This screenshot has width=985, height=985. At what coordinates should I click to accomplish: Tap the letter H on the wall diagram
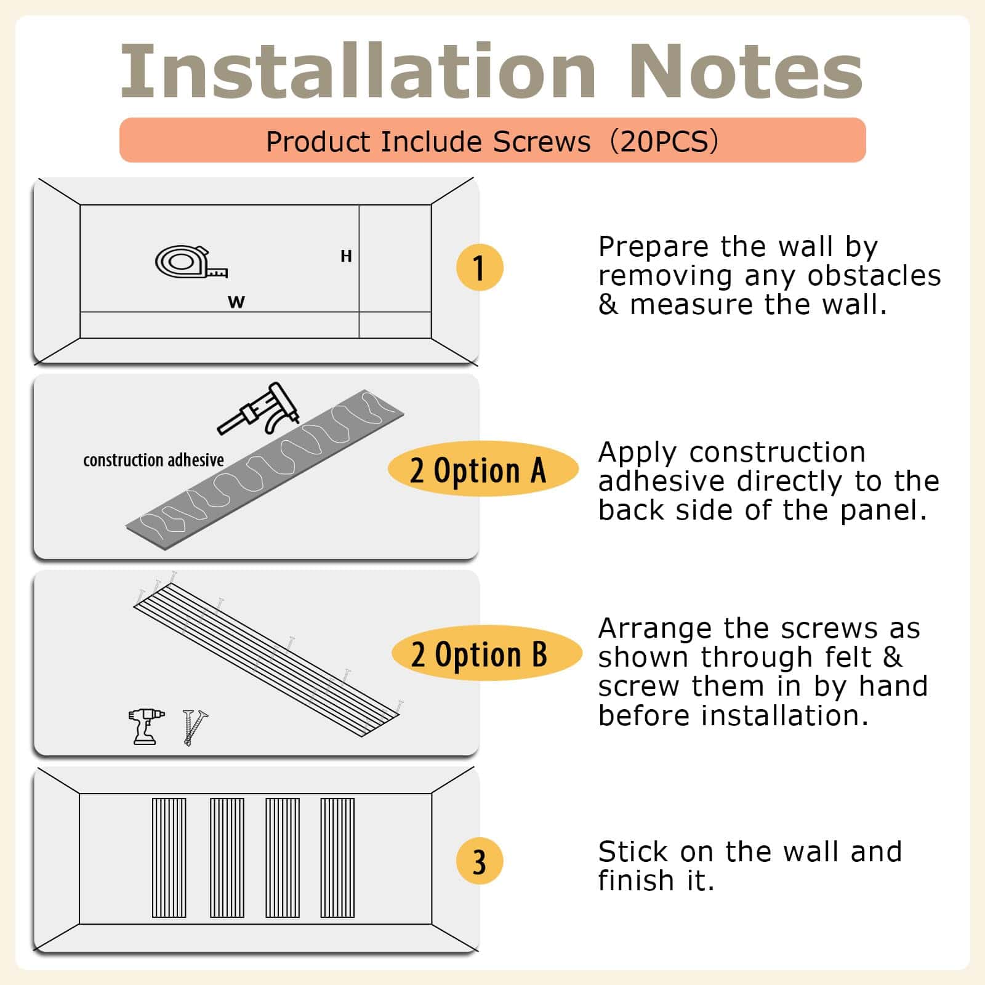[346, 256]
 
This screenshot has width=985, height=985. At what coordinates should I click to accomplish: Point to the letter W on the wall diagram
[236, 302]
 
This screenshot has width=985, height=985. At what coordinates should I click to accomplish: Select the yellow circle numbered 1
[480, 268]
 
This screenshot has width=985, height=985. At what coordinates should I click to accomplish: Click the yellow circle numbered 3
[480, 861]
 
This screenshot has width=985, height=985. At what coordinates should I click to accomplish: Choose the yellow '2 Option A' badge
[483, 469]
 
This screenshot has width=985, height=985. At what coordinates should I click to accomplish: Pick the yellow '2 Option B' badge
[486, 653]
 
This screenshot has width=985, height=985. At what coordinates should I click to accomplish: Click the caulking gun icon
[259, 408]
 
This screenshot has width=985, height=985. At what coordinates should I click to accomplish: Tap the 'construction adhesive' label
[153, 460]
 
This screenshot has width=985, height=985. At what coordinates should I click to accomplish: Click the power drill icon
[145, 726]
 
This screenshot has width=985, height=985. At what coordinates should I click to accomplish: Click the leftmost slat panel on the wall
[169, 858]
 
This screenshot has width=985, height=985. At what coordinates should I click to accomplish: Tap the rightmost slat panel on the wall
[337, 858]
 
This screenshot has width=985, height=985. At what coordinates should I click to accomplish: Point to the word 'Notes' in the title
[746, 71]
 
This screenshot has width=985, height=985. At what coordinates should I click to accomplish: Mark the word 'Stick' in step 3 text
[634, 851]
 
